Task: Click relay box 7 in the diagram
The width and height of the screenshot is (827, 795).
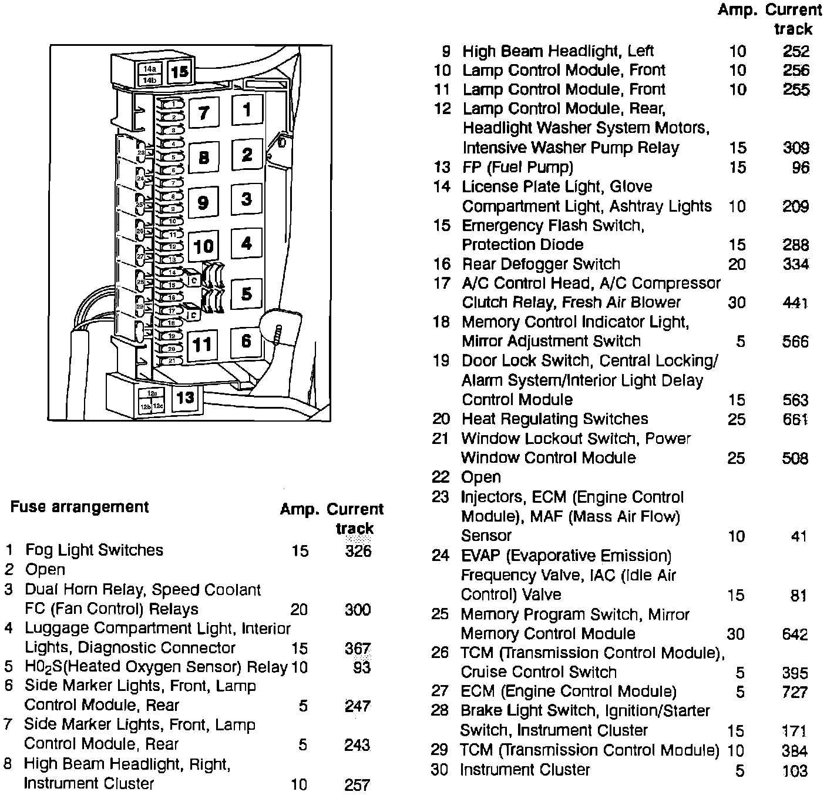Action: tap(204, 112)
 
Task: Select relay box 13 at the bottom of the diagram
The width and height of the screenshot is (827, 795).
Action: tap(185, 397)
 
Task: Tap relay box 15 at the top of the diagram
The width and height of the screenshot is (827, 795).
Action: tap(180, 72)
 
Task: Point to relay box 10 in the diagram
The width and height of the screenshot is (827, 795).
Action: tap(203, 246)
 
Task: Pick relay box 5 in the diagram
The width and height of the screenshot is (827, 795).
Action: tap(247, 293)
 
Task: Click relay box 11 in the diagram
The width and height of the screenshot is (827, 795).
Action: tap(203, 344)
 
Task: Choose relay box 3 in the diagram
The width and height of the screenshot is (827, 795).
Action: tap(247, 199)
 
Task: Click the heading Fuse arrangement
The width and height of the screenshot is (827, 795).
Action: tap(79, 507)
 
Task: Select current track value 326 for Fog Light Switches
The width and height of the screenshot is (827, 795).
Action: tap(358, 550)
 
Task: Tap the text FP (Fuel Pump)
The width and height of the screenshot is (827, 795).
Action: tap(517, 167)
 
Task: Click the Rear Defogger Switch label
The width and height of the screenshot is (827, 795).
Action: tap(541, 264)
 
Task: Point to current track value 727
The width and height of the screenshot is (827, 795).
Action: tap(795, 692)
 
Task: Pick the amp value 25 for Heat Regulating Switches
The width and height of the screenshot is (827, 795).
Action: tap(737, 419)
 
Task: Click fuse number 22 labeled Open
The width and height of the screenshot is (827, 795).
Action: tap(441, 477)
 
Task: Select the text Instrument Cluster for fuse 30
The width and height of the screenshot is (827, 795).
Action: tap(525, 770)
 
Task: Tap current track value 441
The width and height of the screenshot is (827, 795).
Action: tap(795, 303)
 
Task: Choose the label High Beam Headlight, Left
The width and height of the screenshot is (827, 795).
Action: tap(558, 51)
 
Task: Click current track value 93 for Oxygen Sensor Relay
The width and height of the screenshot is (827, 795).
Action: tap(358, 667)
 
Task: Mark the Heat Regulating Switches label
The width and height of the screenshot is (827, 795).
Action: tap(554, 419)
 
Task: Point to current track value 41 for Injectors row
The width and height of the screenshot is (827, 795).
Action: tap(799, 536)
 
